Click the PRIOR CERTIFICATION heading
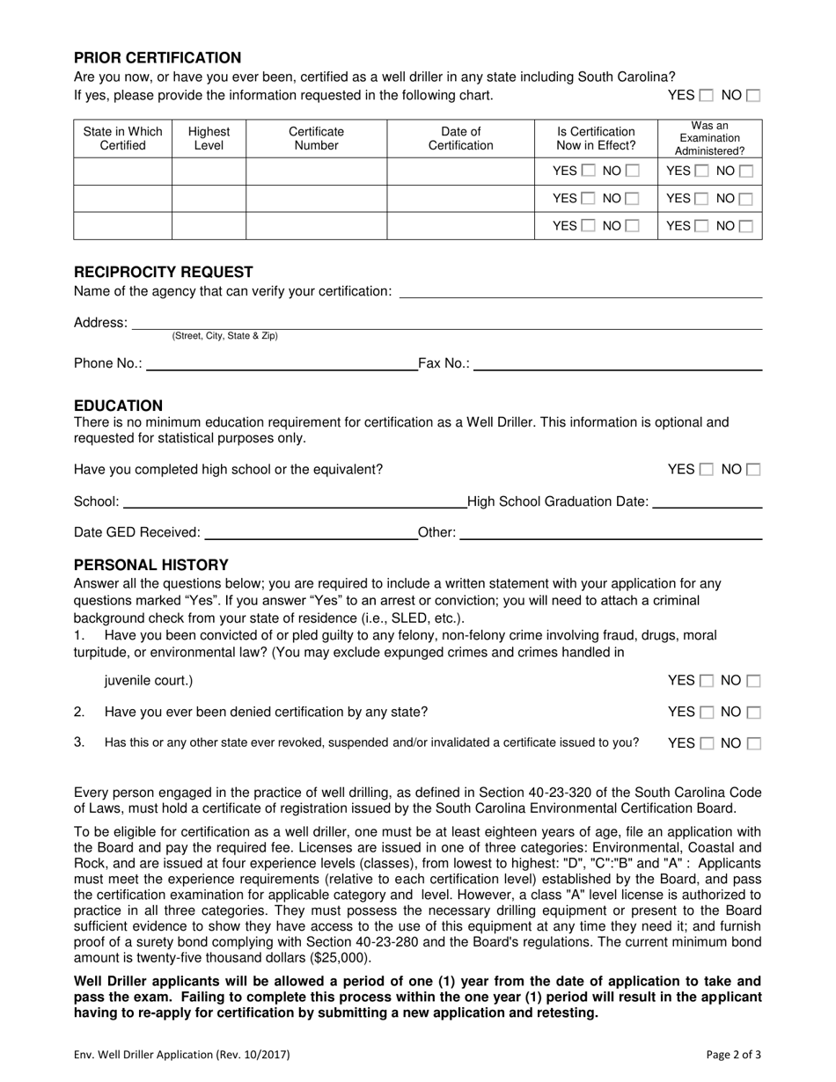(158, 58)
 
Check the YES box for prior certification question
(707, 96)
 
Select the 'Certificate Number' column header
(316, 138)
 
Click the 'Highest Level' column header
(209, 138)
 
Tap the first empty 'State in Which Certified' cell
(122, 172)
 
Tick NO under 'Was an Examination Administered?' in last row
(745, 226)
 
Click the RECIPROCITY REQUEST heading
(164, 272)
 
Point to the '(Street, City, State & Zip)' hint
(224, 336)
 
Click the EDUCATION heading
(118, 406)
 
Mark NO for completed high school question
(753, 470)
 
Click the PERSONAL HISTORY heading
(150, 565)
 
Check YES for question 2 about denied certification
(707, 712)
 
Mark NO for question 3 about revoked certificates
(753, 743)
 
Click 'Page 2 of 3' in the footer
(734, 1054)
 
